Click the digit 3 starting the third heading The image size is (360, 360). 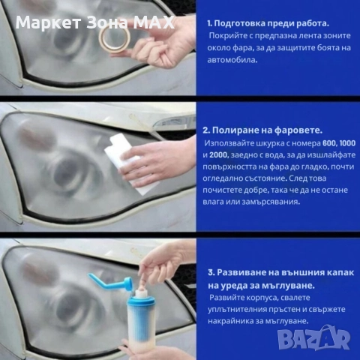pos(211,272)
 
